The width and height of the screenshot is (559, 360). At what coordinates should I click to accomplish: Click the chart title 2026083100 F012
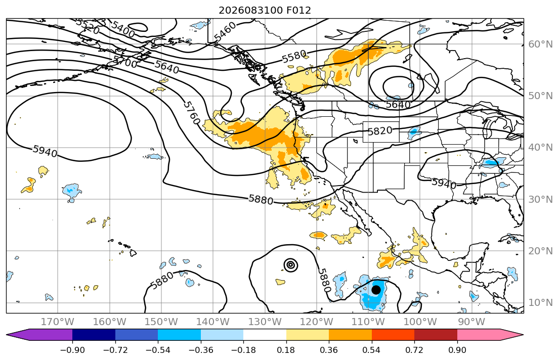click(265, 10)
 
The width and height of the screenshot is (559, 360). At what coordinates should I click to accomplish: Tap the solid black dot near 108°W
click(376, 290)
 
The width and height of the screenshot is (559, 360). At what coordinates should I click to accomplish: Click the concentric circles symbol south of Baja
click(291, 265)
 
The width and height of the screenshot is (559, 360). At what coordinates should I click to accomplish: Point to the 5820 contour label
click(380, 131)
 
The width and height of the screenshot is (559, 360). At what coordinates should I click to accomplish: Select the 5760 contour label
click(191, 113)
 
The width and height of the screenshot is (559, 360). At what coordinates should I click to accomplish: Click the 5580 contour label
click(294, 57)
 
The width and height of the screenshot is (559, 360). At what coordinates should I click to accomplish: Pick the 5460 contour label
click(225, 31)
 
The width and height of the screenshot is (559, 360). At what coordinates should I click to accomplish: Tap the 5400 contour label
click(123, 29)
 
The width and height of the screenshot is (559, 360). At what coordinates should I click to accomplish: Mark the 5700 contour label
click(125, 62)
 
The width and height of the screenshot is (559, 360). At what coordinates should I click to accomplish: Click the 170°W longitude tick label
click(57, 322)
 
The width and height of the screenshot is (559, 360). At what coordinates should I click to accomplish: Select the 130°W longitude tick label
click(265, 322)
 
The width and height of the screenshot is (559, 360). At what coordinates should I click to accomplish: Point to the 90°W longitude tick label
click(471, 322)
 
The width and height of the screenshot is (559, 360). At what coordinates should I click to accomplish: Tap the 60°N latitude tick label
click(540, 44)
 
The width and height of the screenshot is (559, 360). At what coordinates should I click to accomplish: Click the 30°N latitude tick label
click(540, 199)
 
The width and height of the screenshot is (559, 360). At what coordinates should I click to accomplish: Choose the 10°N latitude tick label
click(540, 303)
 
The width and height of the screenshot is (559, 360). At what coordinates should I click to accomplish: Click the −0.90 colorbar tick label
click(72, 350)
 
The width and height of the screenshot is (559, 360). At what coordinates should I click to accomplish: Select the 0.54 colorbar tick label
click(371, 350)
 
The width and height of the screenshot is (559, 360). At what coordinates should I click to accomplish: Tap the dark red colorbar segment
click(436, 335)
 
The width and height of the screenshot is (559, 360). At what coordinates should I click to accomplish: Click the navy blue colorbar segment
click(94, 335)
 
